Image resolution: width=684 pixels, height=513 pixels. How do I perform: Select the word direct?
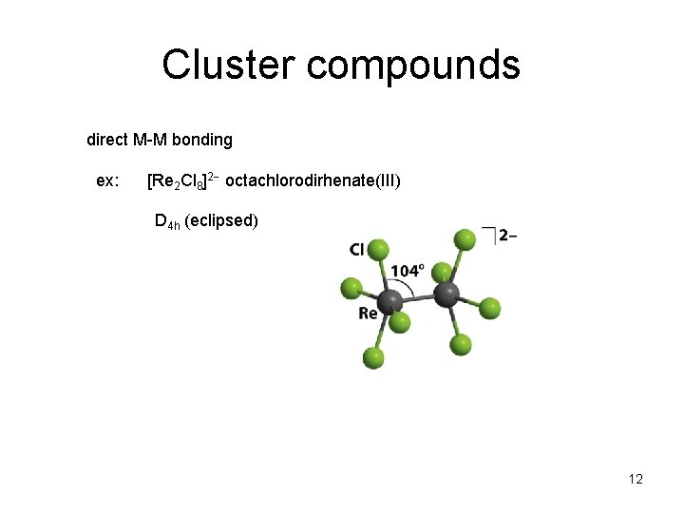point(107,140)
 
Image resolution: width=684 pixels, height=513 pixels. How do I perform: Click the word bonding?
point(204,141)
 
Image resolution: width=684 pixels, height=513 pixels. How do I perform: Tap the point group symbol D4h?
point(167,222)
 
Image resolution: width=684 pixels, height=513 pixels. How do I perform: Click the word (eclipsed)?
point(221,221)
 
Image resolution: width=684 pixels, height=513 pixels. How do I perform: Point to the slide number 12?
point(636,479)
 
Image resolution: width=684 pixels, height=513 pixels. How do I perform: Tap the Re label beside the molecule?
point(369,313)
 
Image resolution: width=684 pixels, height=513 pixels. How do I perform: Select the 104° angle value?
point(407,271)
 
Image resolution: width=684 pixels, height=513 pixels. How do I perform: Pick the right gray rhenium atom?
point(446,294)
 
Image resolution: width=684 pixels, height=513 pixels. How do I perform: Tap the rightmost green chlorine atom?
point(489,308)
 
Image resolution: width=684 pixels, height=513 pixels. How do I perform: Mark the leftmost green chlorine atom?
point(351,286)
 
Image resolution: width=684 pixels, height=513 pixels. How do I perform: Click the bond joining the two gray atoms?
point(416,299)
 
